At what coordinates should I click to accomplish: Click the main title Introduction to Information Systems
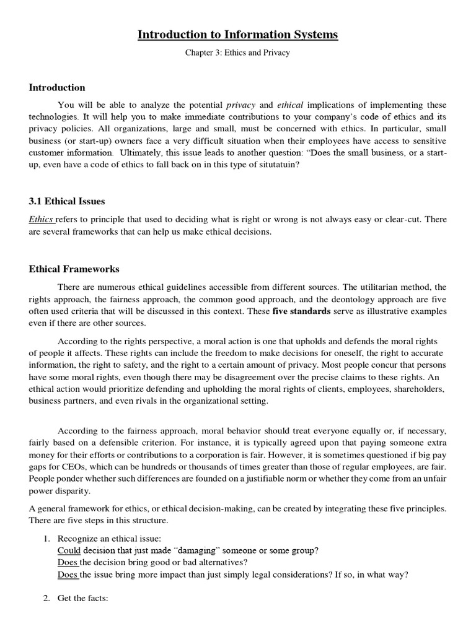click(x=237, y=35)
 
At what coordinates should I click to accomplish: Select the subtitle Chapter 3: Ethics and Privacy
click(x=237, y=54)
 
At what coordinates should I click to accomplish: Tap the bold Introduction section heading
click(x=57, y=87)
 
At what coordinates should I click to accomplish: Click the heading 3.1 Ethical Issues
click(x=67, y=201)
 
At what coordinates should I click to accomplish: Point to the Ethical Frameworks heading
click(x=74, y=269)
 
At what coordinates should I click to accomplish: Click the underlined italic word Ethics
click(x=42, y=219)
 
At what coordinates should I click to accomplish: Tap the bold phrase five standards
click(x=301, y=311)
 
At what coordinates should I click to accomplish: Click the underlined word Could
click(x=69, y=550)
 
